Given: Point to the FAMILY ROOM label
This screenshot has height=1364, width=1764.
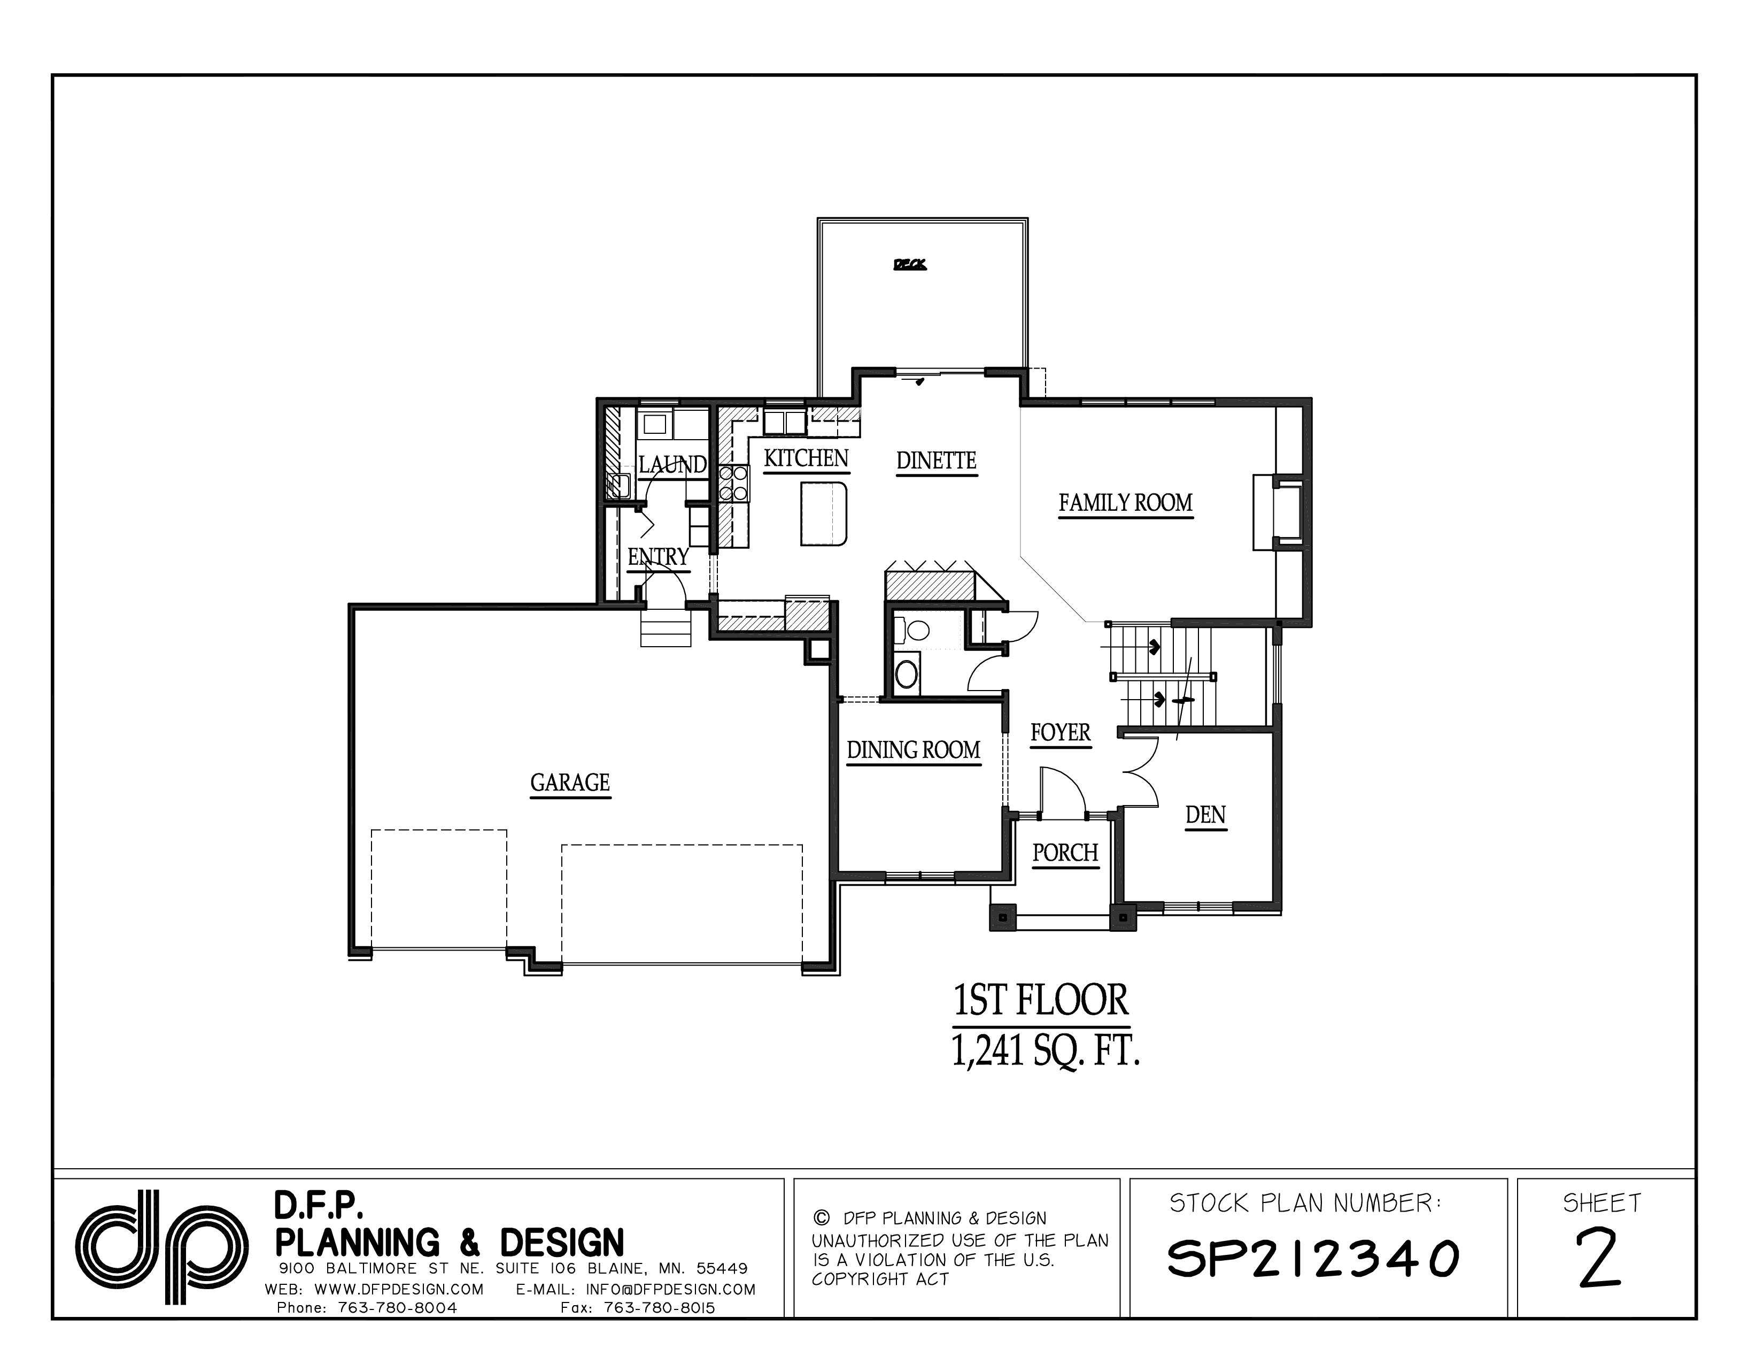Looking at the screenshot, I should coord(1125,503).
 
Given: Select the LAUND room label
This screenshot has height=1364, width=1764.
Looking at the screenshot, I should coord(672,465).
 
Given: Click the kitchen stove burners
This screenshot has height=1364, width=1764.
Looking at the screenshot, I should coord(733,482).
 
